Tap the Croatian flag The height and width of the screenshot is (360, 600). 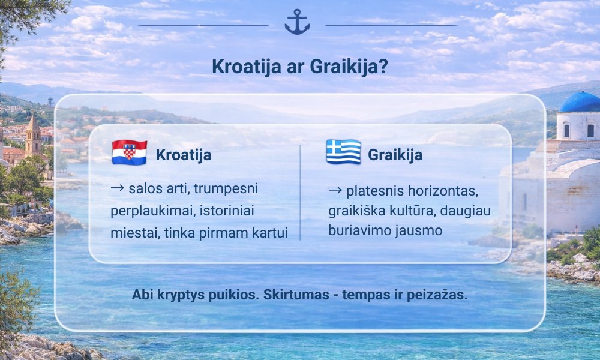[129, 154]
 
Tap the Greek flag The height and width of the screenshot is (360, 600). [343, 153]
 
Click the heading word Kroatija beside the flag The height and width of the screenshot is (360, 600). [184, 155]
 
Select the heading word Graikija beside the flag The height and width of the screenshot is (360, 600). [395, 155]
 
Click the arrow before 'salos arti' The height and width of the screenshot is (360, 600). [118, 189]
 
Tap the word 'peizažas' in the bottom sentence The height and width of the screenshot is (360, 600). [440, 296]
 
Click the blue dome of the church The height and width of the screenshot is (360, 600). [580, 102]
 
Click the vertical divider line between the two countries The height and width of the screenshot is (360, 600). [300, 192]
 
